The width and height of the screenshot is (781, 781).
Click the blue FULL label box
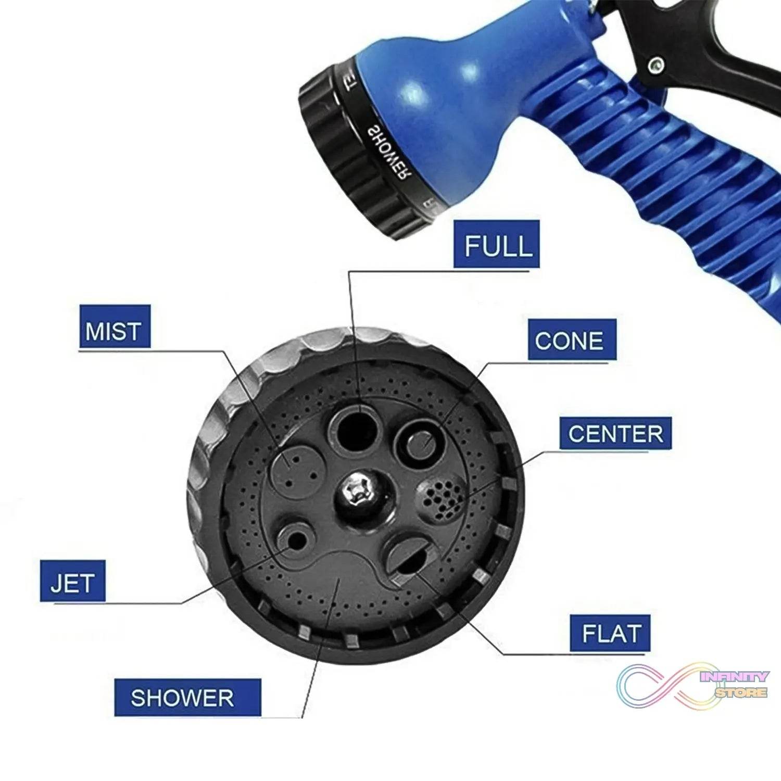pyautogui.click(x=496, y=244)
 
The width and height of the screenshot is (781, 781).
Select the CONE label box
pyautogui.click(x=571, y=340)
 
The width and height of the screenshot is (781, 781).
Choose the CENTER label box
pyautogui.click(x=615, y=433)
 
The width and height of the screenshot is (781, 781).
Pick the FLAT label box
pyautogui.click(x=610, y=633)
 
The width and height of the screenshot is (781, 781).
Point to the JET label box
pyautogui.click(x=73, y=582)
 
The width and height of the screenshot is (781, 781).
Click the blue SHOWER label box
pyautogui.click(x=187, y=697)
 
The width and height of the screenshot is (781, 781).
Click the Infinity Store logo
pyautogui.click(x=692, y=685)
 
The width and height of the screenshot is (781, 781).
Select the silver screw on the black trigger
pyautogui.click(x=657, y=65)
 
